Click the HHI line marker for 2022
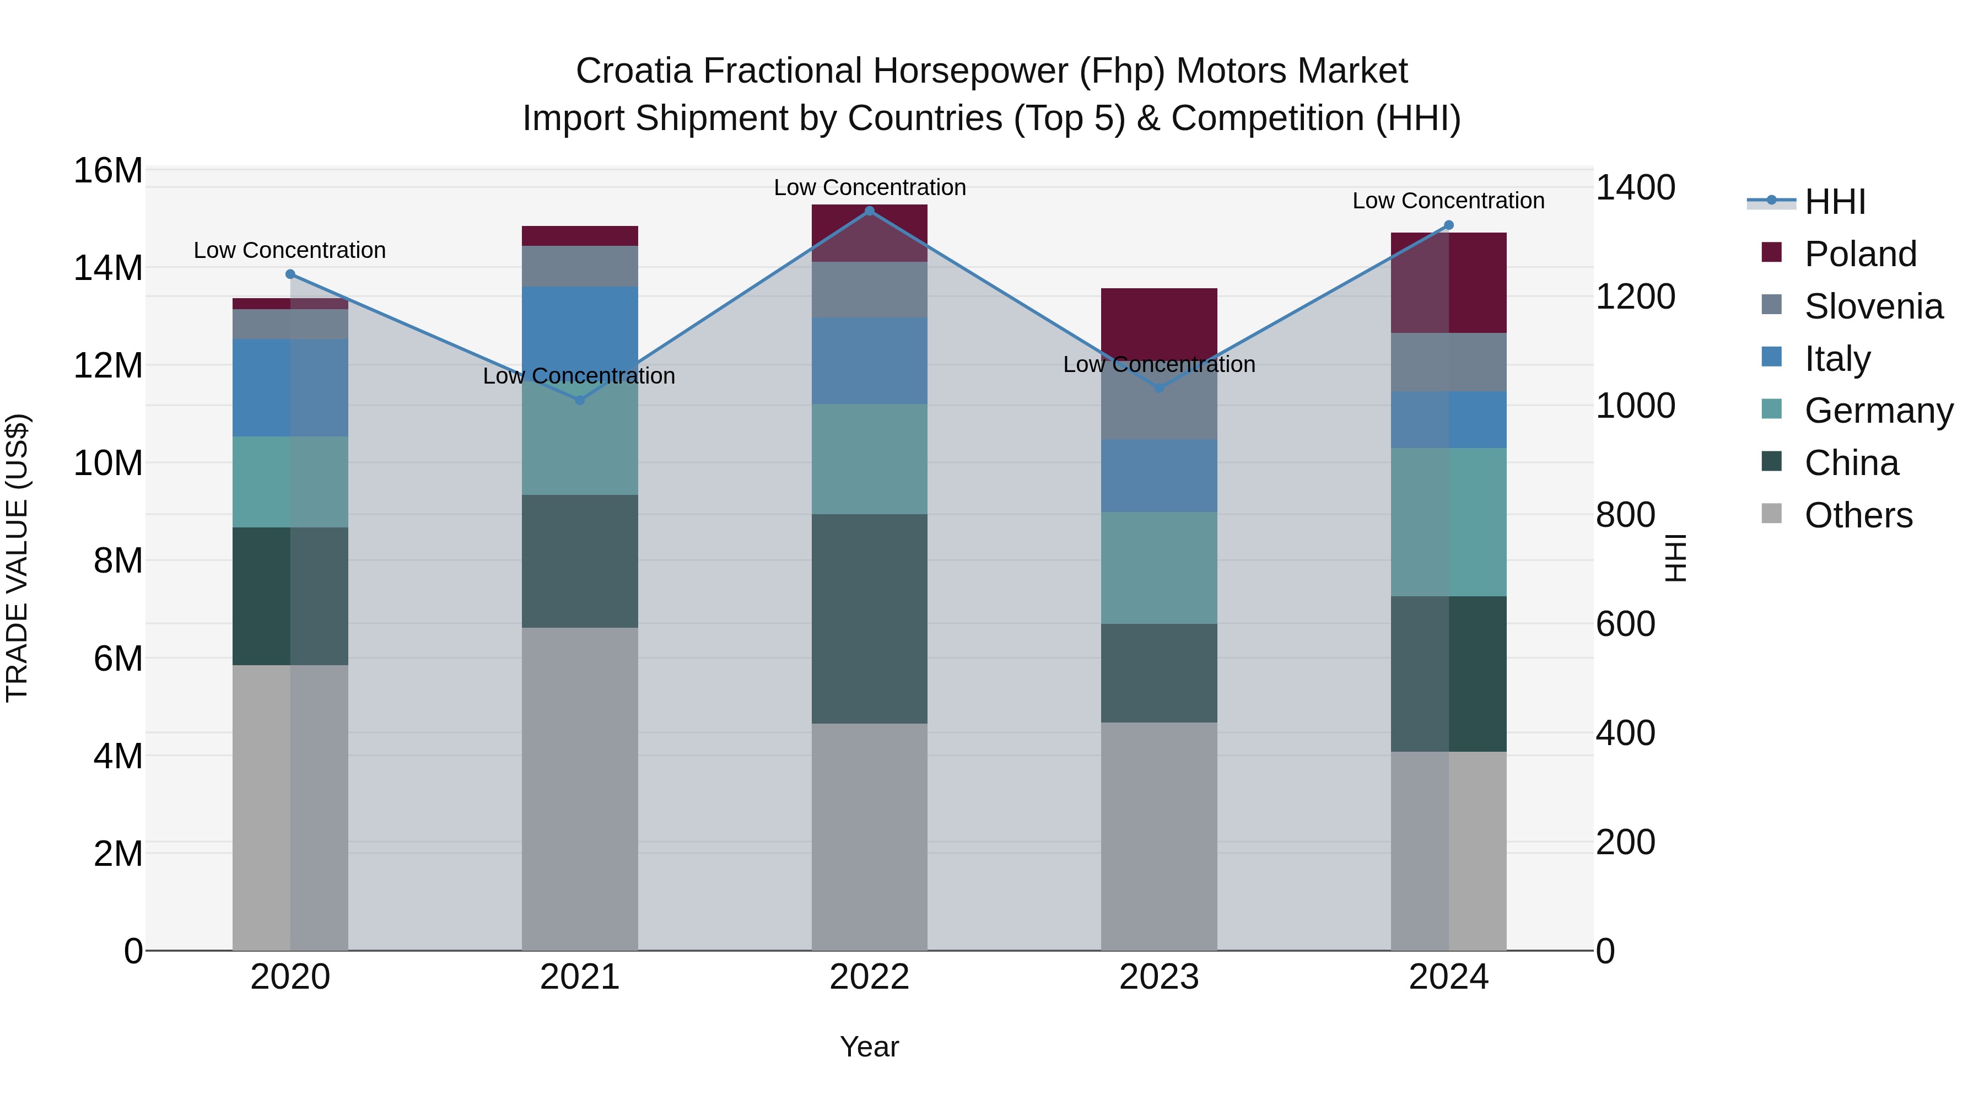pyautogui.click(x=870, y=211)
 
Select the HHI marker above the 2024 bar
pyautogui.click(x=1449, y=225)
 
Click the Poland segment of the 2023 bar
pyautogui.click(x=1159, y=324)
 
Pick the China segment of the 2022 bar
pyautogui.click(x=870, y=618)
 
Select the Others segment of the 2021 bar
pyautogui.click(x=580, y=789)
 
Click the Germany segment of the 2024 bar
pyautogui.click(x=1449, y=522)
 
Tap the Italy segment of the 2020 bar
pyautogui.click(x=290, y=387)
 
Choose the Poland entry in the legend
pyautogui.click(x=1860, y=254)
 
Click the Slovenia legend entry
pyautogui.click(x=1873, y=306)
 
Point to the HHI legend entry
pyautogui.click(x=1835, y=202)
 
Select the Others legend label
pyautogui.click(x=1858, y=515)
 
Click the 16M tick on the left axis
pyautogui.click(x=108, y=170)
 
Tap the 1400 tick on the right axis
pyautogui.click(x=1635, y=188)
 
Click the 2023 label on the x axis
pyautogui.click(x=1159, y=977)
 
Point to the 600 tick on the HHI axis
pyautogui.click(x=1625, y=624)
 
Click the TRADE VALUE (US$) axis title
pyautogui.click(x=17, y=558)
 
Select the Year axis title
pyautogui.click(x=870, y=1047)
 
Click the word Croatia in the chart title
pyautogui.click(x=633, y=71)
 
